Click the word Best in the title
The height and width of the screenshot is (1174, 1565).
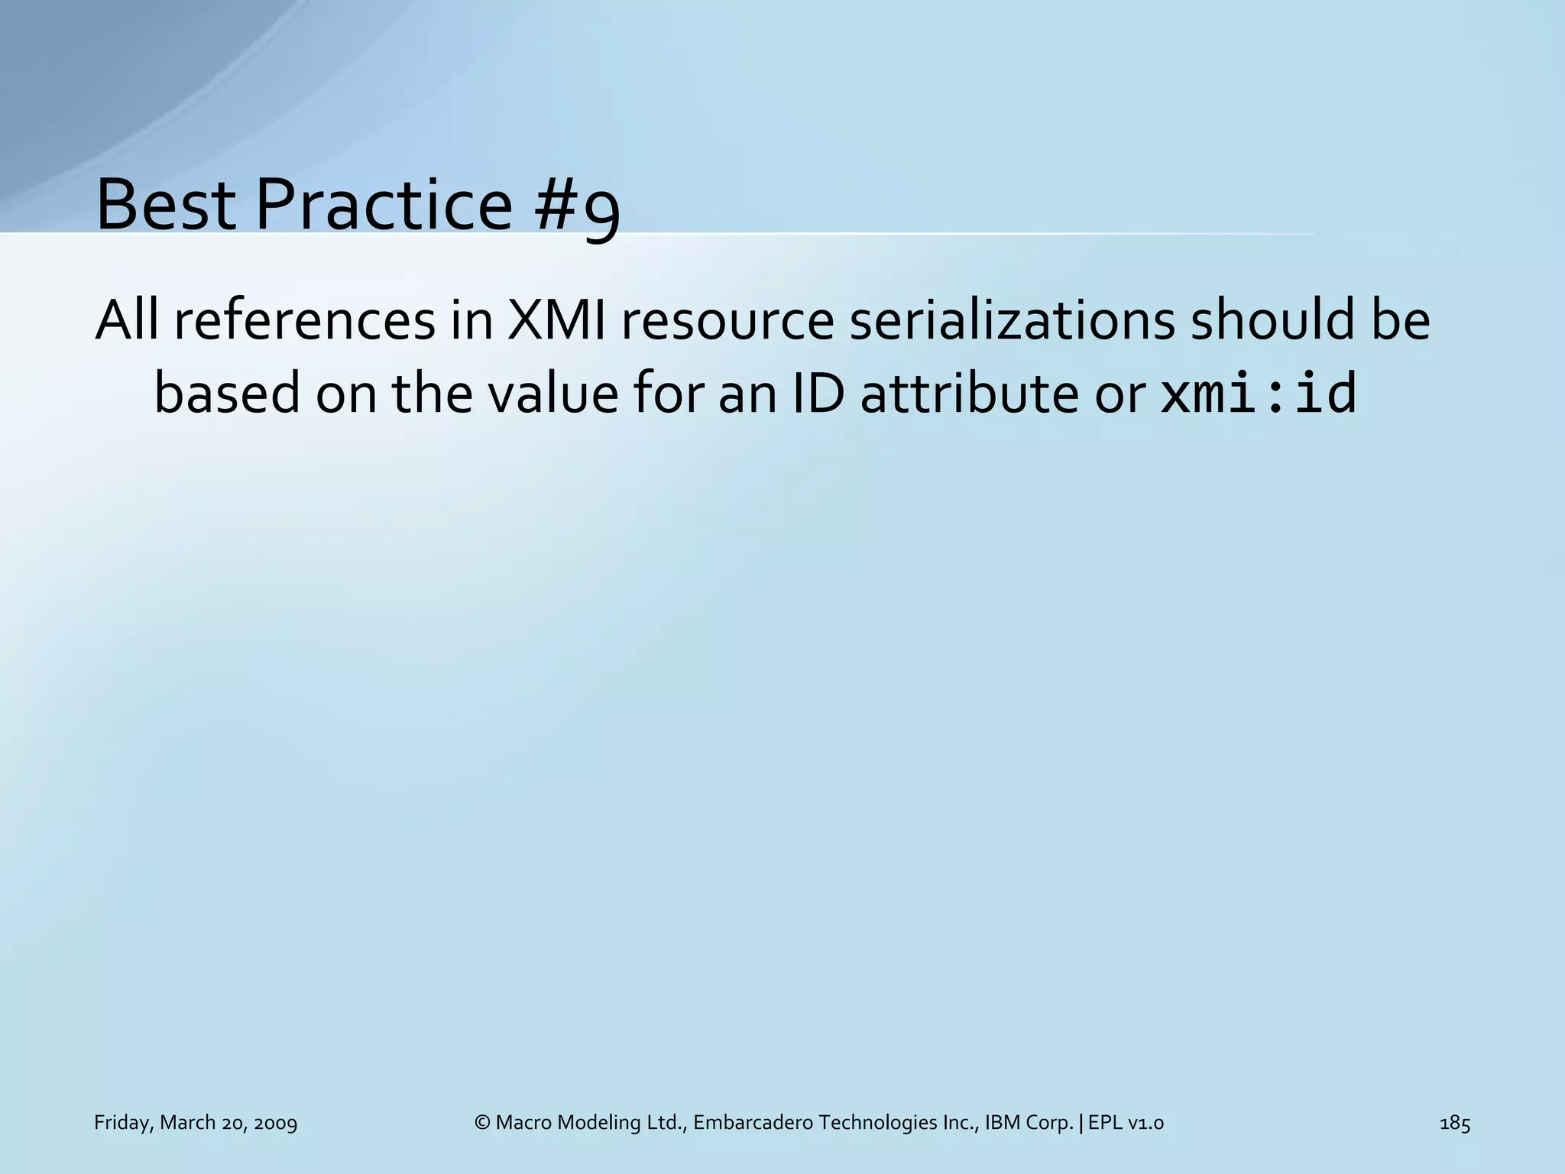click(x=166, y=205)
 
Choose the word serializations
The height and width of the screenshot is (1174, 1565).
click(x=1012, y=321)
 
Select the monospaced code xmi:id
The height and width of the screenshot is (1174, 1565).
click(x=1258, y=394)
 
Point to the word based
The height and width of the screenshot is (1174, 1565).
click(x=227, y=394)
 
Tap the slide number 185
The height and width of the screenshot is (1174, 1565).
click(x=1455, y=1123)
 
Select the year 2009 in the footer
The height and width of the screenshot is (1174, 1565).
click(x=274, y=1123)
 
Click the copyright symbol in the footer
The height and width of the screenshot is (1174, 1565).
click(x=481, y=1123)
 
